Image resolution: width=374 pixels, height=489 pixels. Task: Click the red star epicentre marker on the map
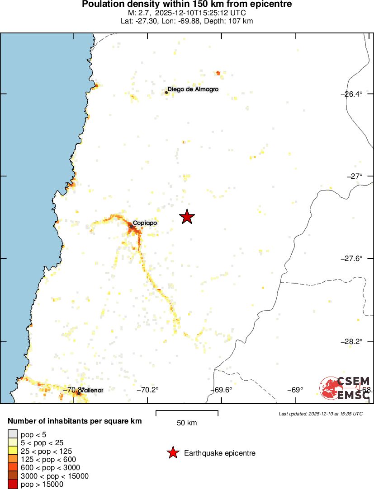[187, 217]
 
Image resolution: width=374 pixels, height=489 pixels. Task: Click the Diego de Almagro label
[193, 89]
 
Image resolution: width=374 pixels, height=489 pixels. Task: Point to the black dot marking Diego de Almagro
[166, 93]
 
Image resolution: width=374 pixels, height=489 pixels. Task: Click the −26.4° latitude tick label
[352, 94]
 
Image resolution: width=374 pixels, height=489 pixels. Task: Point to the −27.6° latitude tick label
[352, 258]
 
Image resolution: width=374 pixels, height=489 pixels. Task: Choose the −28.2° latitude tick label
[352, 341]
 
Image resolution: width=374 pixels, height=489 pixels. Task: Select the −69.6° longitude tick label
[222, 390]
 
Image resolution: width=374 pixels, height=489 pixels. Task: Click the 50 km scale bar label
[187, 423]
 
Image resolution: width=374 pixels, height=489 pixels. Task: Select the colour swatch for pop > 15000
[13, 484]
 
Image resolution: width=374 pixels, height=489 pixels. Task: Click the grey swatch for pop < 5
[13, 435]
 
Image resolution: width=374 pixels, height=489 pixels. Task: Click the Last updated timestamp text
[321, 414]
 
